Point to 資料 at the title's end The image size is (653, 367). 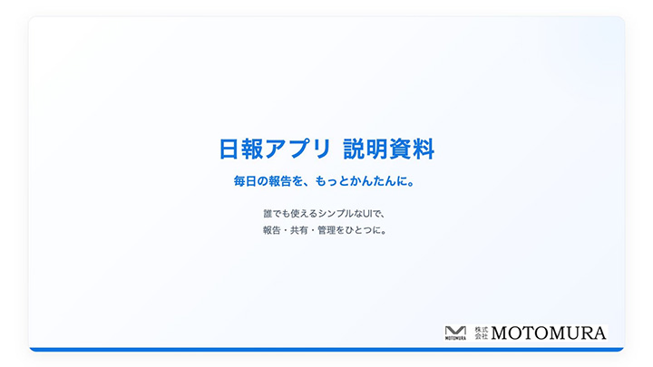(414, 149)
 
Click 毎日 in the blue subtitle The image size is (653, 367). (245, 181)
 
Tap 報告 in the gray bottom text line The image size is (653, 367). (272, 230)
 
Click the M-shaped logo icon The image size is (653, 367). (455, 332)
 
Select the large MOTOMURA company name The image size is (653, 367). (549, 333)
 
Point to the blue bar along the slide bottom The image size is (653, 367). (326, 349)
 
